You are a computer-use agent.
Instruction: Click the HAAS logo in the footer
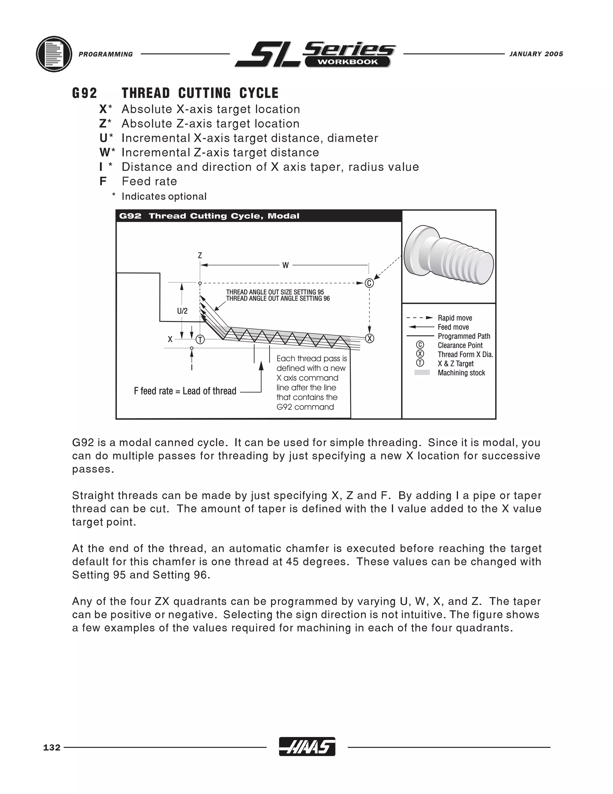pyautogui.click(x=307, y=747)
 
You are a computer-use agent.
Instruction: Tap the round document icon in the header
pyautogui.click(x=54, y=54)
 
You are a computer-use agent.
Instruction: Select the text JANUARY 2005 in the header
pyautogui.click(x=536, y=54)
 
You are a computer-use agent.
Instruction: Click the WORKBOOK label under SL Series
pyautogui.click(x=348, y=62)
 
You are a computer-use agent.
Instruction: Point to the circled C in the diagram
pyautogui.click(x=369, y=283)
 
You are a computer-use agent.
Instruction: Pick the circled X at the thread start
pyautogui.click(x=369, y=339)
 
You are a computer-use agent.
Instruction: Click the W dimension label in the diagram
pyautogui.click(x=286, y=265)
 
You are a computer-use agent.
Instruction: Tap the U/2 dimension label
pyautogui.click(x=182, y=311)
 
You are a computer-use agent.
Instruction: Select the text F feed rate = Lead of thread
pyautogui.click(x=185, y=391)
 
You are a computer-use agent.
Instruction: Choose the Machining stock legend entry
pyautogui.click(x=461, y=373)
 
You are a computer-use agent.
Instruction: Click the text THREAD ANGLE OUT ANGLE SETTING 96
pyautogui.click(x=278, y=298)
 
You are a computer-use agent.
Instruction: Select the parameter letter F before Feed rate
pyautogui.click(x=103, y=181)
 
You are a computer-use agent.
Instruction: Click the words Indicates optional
pyautogui.click(x=164, y=196)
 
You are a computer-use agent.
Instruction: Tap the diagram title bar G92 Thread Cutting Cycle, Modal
pyautogui.click(x=209, y=216)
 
